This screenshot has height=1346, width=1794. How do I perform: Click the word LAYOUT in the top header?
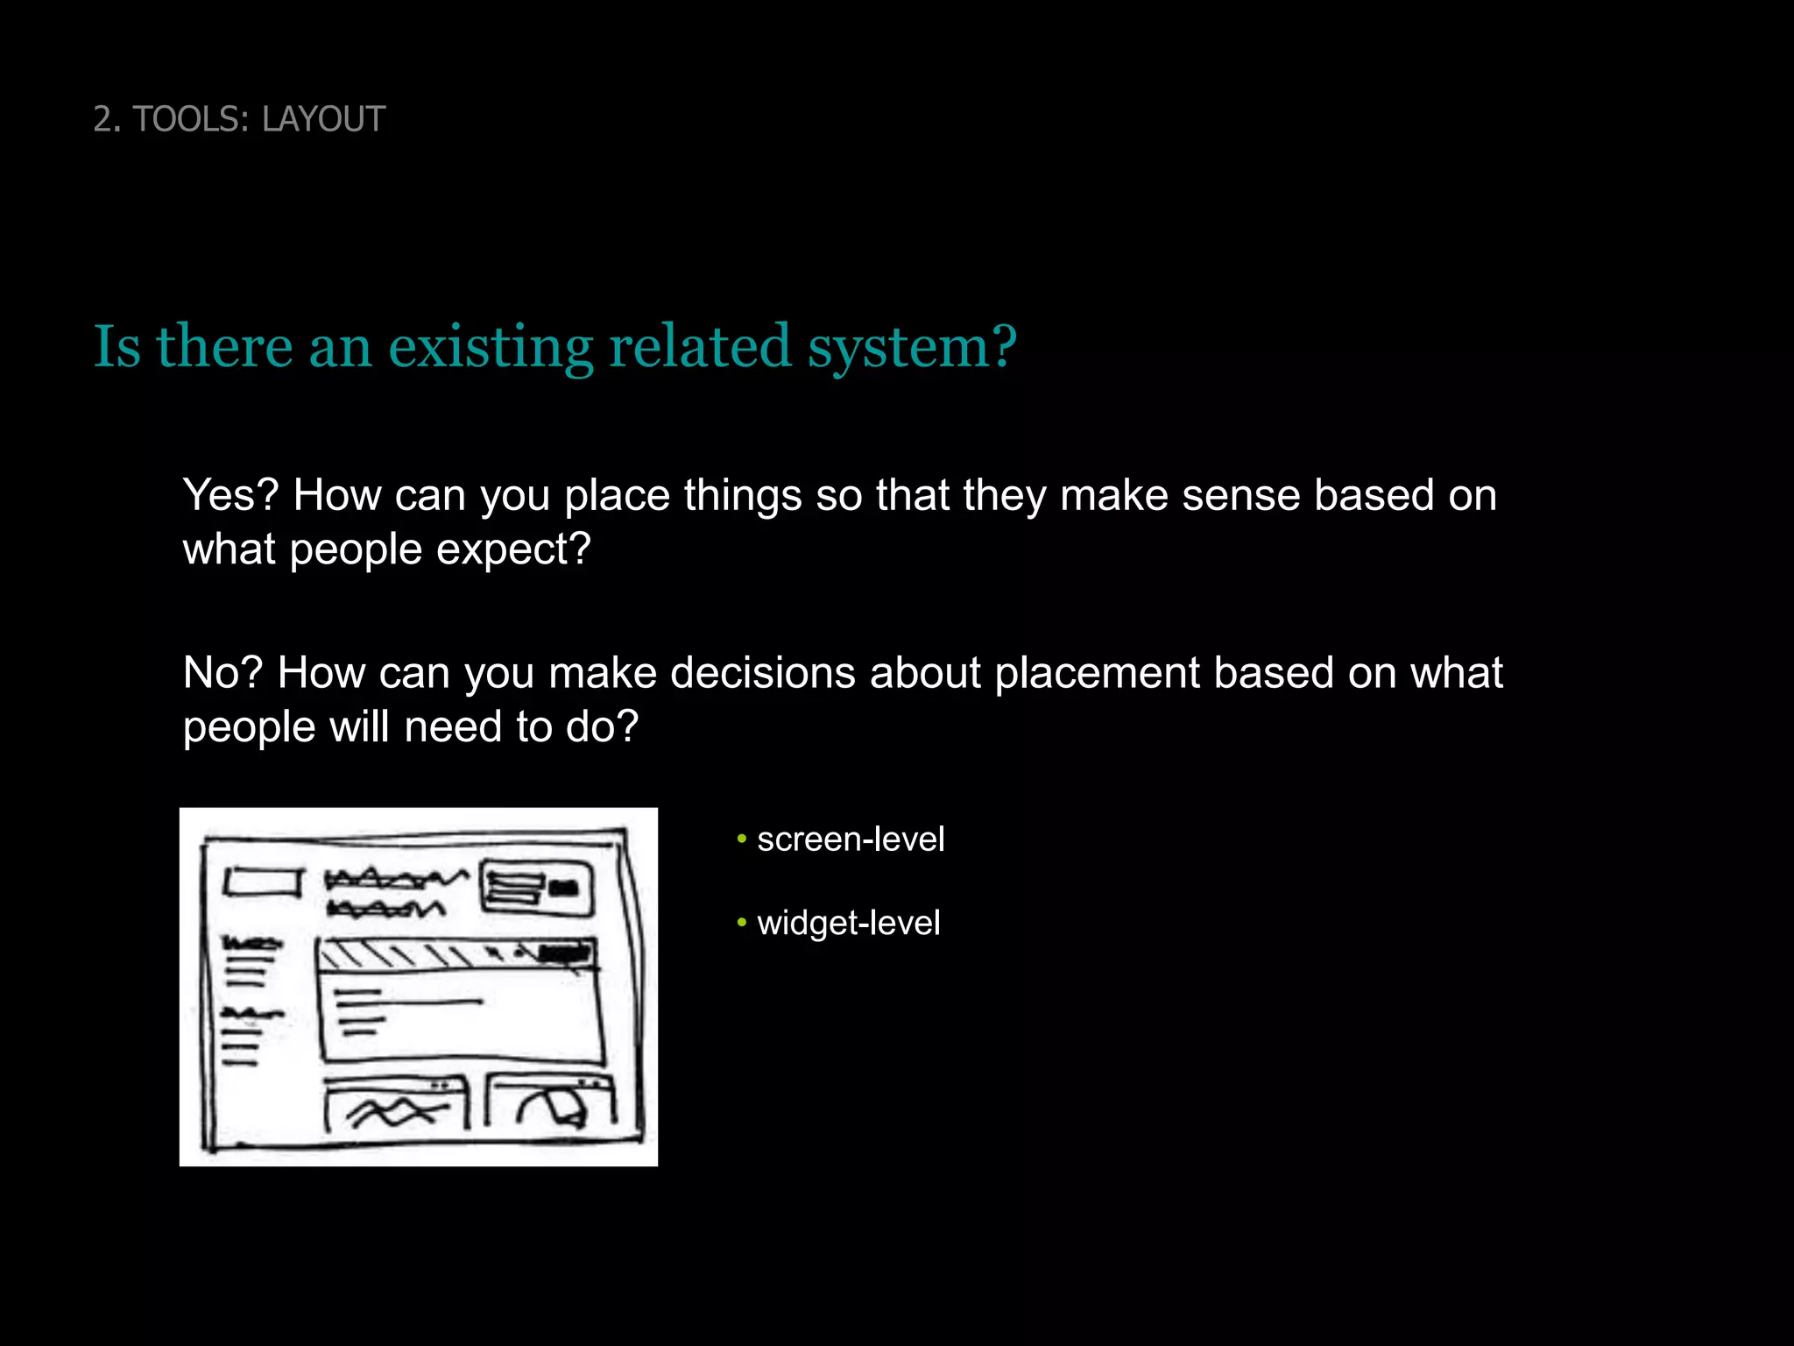pyautogui.click(x=323, y=119)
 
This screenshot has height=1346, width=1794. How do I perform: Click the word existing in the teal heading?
pyautogui.click(x=491, y=347)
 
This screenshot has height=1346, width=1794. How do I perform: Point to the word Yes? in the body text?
pyautogui.click(x=230, y=495)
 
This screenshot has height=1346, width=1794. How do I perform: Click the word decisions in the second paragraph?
pyautogui.click(x=762, y=673)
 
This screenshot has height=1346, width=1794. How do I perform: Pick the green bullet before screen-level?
pyautogui.click(x=741, y=839)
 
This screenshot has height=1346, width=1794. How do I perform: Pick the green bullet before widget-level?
pyautogui.click(x=741, y=923)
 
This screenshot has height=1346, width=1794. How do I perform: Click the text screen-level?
pyautogui.click(x=851, y=839)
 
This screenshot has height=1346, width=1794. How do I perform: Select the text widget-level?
pyautogui.click(x=848, y=923)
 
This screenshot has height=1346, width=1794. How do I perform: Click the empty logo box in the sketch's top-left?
pyautogui.click(x=262, y=882)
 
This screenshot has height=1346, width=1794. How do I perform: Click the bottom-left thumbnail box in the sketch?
pyautogui.click(x=396, y=1106)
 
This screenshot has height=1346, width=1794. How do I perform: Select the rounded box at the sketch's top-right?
pyautogui.click(x=536, y=888)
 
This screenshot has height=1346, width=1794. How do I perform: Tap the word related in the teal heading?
pyautogui.click(x=700, y=347)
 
